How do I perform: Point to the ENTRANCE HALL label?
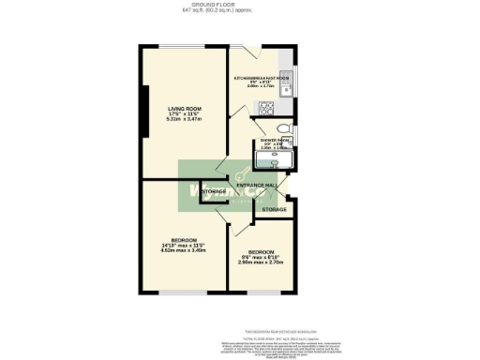[x=255, y=186]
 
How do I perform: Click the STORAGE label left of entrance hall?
[x=213, y=192]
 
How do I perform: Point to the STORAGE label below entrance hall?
[x=273, y=209]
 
